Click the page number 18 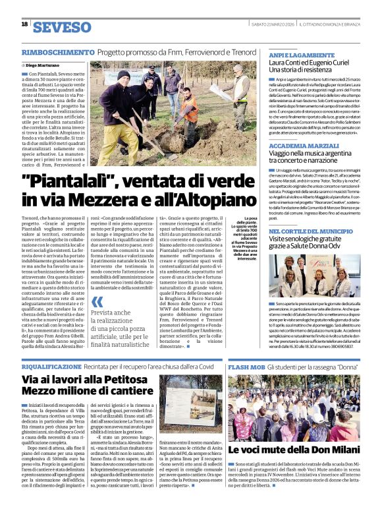coord(24,24)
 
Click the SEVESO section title coord(62,27)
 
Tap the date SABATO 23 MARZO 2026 coord(273,24)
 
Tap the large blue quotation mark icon coord(97,302)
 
